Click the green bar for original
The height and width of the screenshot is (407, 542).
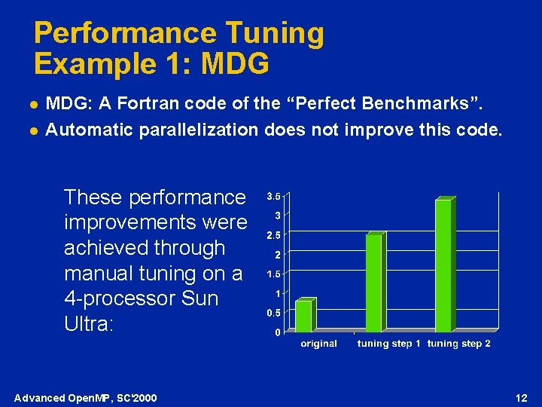304,316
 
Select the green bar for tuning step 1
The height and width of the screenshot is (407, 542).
374,283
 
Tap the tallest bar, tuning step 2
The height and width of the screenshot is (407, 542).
444,265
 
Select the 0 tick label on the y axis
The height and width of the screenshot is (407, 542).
277,332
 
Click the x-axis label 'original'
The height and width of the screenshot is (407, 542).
319,344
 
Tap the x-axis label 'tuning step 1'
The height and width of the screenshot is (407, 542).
388,344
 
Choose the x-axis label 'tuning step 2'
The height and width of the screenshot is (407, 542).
458,344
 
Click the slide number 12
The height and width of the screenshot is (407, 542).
522,397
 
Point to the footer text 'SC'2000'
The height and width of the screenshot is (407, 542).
136,398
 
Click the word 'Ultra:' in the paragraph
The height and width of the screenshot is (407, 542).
88,324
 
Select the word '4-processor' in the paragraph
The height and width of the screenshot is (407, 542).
117,298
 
